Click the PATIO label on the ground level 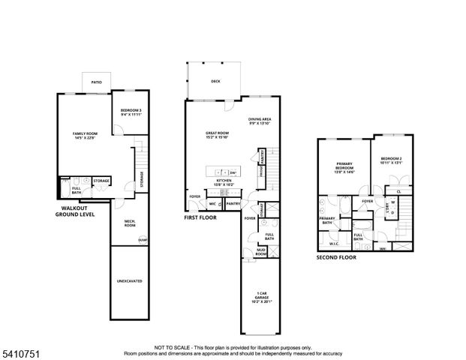click(96, 82)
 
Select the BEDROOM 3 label click(131, 112)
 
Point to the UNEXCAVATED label click(129, 281)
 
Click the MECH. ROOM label click(128, 223)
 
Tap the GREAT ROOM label click(216, 135)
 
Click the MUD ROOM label click(260, 253)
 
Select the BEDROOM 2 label click(392, 160)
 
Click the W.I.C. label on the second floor click(334, 244)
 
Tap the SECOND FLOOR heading click(335, 257)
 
